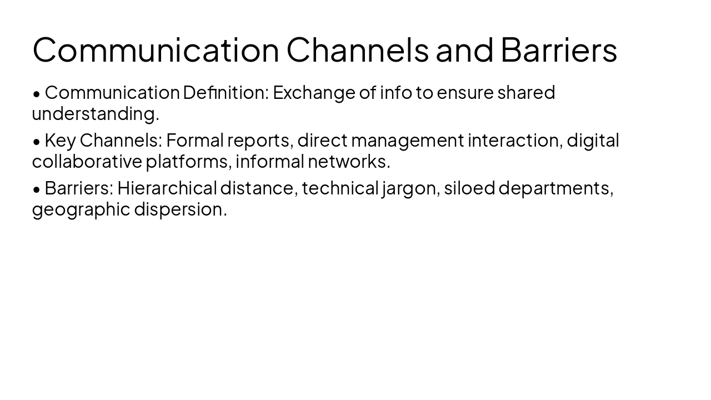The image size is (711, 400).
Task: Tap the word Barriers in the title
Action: point(558,49)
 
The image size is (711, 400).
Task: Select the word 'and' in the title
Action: point(464,49)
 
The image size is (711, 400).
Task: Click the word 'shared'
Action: point(526,93)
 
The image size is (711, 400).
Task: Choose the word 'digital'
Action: point(593,141)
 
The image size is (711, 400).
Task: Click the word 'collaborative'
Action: point(87,162)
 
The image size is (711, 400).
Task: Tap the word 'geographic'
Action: point(81,210)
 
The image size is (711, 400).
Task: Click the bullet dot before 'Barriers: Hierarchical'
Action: point(37,189)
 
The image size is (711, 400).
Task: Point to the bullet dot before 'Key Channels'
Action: point(37,142)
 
